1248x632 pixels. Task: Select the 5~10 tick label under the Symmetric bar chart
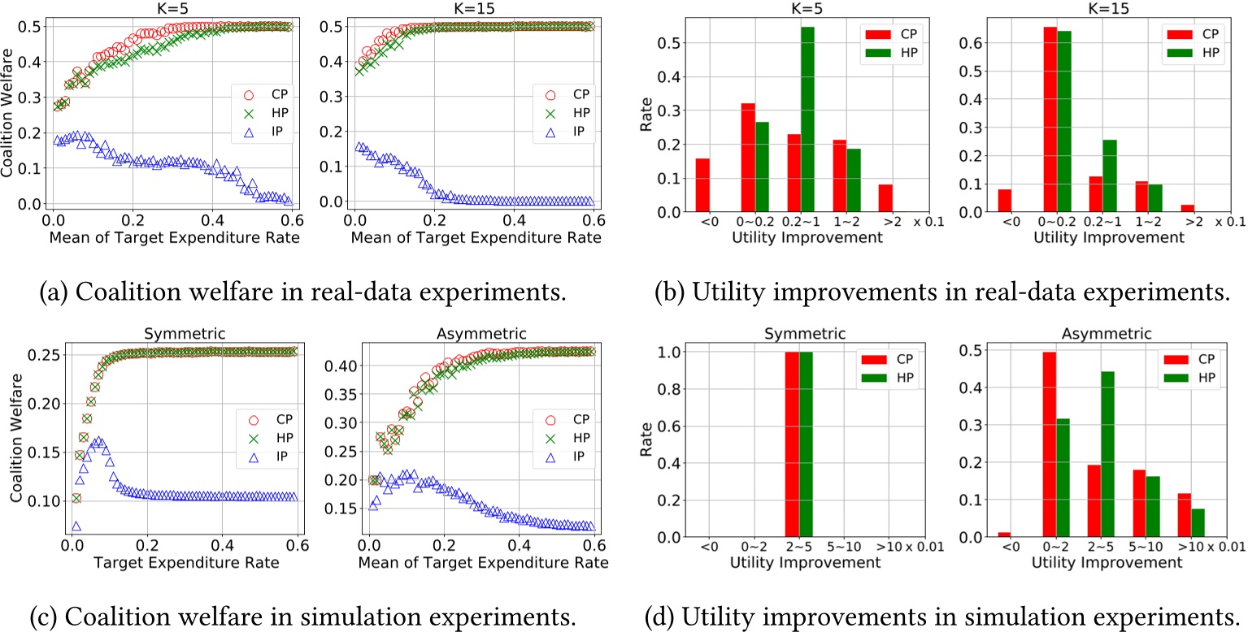pos(863,547)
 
